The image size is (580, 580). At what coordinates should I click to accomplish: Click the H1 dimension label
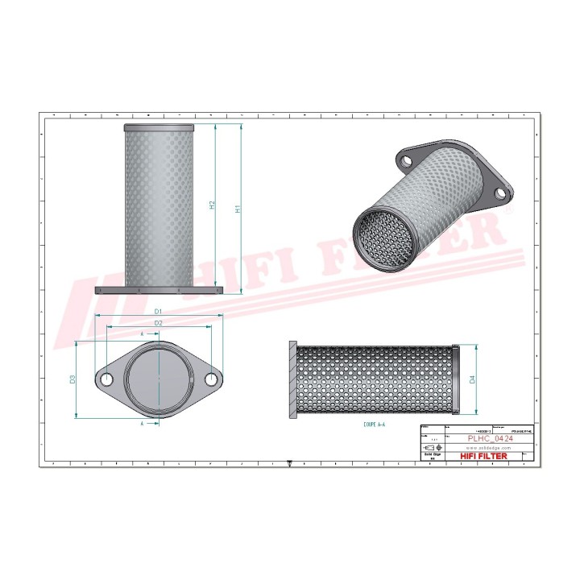pyautogui.click(x=238, y=209)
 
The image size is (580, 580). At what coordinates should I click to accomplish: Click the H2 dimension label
pyautogui.click(x=212, y=205)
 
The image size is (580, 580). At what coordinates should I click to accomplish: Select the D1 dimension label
pyautogui.click(x=158, y=311)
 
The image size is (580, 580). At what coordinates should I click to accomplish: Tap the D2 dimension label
pyautogui.click(x=158, y=323)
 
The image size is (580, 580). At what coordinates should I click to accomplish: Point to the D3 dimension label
pyautogui.click(x=72, y=379)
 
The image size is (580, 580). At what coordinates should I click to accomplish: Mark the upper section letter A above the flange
pyautogui.click(x=142, y=333)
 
